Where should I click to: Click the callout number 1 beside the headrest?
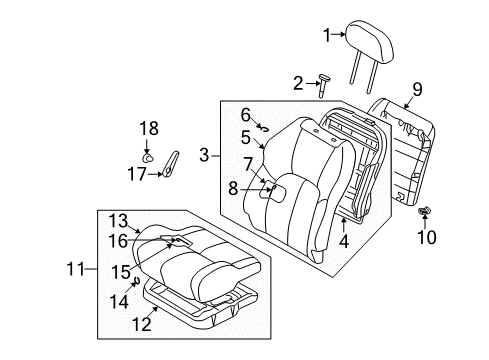326,37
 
